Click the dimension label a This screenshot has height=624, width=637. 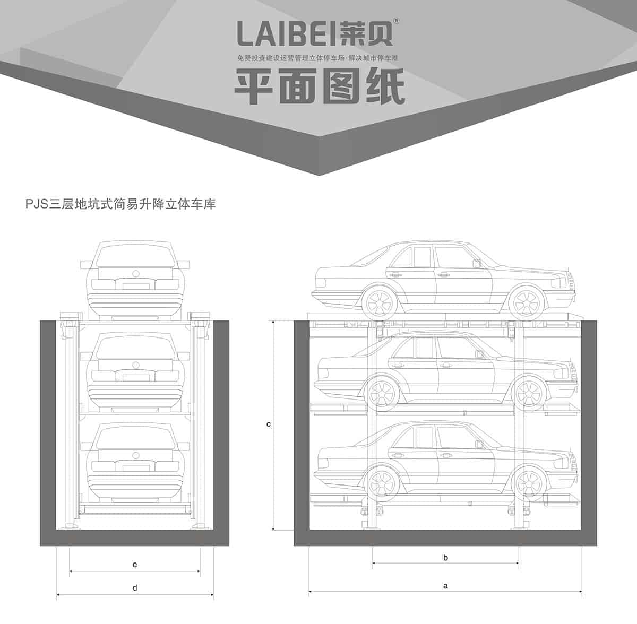click(x=446, y=586)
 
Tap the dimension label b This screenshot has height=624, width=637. click(x=446, y=558)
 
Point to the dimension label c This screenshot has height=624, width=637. click(x=269, y=424)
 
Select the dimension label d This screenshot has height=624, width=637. click(x=135, y=587)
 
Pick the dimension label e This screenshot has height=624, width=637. click(x=135, y=565)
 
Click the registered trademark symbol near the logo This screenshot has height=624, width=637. click(x=397, y=21)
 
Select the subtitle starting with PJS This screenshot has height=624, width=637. click(x=120, y=204)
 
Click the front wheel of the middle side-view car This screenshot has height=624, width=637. click(x=530, y=393)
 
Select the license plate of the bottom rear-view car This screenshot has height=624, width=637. click(x=135, y=466)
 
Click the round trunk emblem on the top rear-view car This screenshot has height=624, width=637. click(x=135, y=273)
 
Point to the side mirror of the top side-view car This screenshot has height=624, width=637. click(x=478, y=263)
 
